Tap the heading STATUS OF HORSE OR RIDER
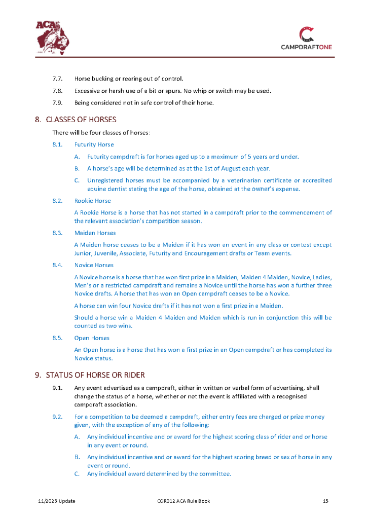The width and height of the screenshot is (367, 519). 95,375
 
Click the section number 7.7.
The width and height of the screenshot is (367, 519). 57,79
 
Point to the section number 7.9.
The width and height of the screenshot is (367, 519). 57,103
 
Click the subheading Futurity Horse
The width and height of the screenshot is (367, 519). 94,144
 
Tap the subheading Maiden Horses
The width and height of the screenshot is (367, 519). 95,233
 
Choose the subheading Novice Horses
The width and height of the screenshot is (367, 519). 94,265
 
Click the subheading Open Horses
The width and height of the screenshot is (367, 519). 92,338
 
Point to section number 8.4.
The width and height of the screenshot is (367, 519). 57,265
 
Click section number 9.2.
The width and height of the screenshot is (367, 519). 57,417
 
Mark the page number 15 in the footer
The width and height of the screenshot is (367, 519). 325,501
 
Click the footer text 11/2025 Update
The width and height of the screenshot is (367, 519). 57,501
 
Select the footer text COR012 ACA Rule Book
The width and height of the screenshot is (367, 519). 183,501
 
